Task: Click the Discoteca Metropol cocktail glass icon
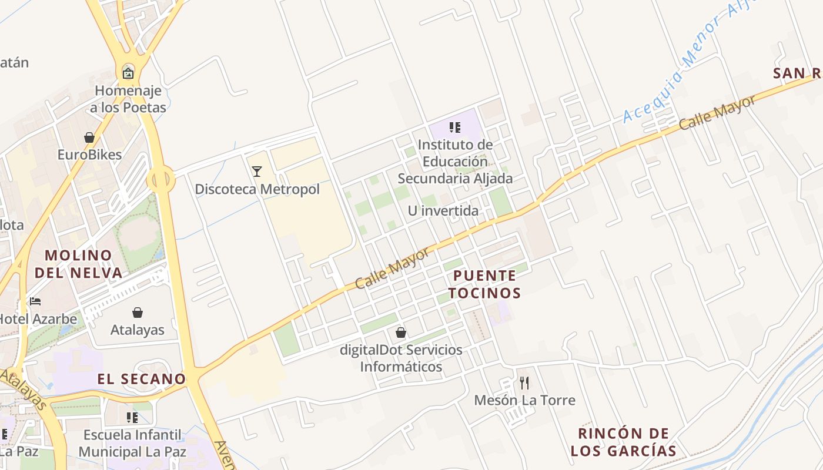pyautogui.click(x=257, y=172)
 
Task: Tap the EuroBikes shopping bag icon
pyautogui.click(x=89, y=138)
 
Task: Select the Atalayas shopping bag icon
pyautogui.click(x=138, y=313)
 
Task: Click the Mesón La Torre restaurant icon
pyautogui.click(x=524, y=383)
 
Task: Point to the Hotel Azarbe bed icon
pyautogui.click(x=35, y=302)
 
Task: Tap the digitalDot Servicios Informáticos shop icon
pyautogui.click(x=401, y=333)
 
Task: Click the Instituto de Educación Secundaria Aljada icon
pyautogui.click(x=454, y=127)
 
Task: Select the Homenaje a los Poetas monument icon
pyautogui.click(x=128, y=73)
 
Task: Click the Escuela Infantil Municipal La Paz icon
pyautogui.click(x=132, y=418)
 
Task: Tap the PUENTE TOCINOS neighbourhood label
pyautogui.click(x=485, y=284)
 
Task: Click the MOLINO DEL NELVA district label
pyautogui.click(x=79, y=264)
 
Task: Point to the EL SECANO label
pyautogui.click(x=142, y=379)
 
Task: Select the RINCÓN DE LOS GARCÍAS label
pyautogui.click(x=624, y=442)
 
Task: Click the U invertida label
pyautogui.click(x=443, y=211)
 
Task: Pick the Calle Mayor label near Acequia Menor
pyautogui.click(x=717, y=113)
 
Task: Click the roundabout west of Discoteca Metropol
pyautogui.click(x=161, y=179)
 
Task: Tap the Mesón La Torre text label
pyautogui.click(x=524, y=401)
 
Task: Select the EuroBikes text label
pyautogui.click(x=89, y=155)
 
